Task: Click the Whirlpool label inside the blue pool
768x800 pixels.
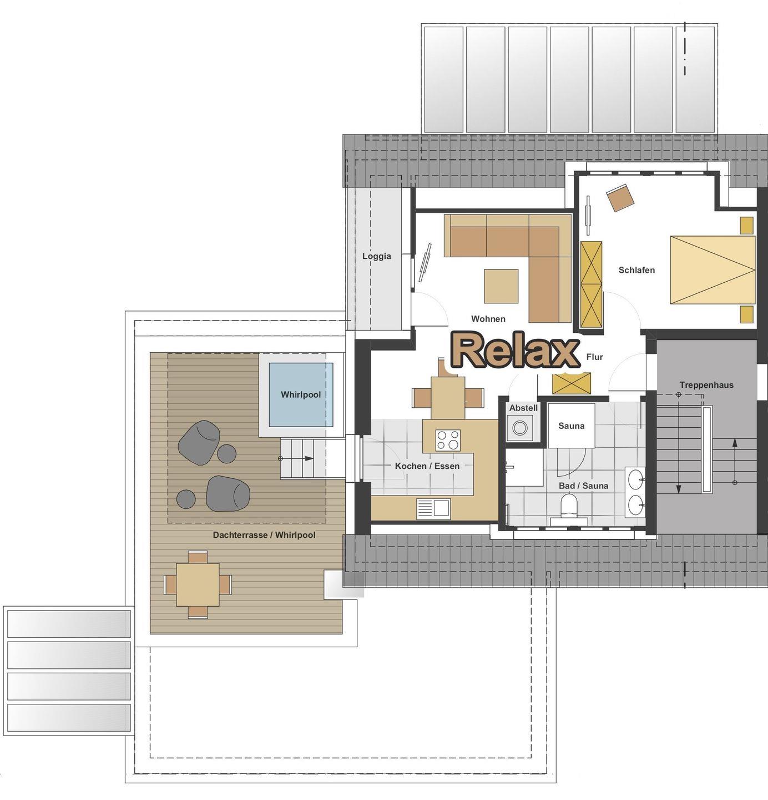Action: [301, 394]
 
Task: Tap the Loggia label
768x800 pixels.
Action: [377, 256]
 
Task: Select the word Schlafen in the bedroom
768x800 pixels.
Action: [636, 270]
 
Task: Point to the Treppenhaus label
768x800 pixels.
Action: [706, 385]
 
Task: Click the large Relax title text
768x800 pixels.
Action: [516, 350]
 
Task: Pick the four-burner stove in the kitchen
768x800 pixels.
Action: [448, 440]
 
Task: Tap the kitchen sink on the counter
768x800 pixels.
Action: [433, 508]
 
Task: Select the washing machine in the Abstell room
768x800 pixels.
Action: [520, 428]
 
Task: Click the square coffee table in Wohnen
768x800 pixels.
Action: [501, 286]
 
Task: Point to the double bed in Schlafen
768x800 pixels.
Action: [713, 269]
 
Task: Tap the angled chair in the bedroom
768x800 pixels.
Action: [620, 198]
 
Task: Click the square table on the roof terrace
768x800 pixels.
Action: [198, 584]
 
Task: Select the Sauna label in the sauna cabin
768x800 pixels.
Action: [571, 426]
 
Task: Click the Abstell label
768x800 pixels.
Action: [524, 408]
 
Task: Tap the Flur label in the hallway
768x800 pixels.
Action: [595, 357]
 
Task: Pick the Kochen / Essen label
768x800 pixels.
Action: [427, 466]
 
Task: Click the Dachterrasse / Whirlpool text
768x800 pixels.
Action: [264, 535]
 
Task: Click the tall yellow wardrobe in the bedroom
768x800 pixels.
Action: [592, 284]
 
